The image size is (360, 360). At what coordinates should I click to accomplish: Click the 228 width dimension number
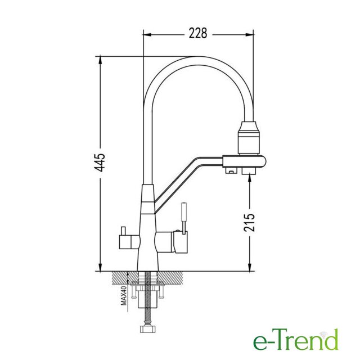tap(198, 33)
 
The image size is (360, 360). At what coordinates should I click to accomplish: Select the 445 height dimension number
tap(100, 163)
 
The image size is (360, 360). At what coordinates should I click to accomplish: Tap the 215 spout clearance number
tap(249, 223)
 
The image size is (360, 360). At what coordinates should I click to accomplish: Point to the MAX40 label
tap(124, 295)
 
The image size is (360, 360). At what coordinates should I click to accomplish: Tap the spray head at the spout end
tap(249, 138)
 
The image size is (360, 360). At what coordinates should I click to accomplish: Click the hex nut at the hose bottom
tap(146, 328)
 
